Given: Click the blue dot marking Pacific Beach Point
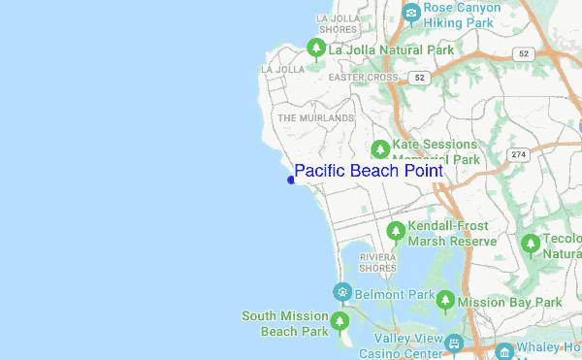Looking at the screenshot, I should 291,180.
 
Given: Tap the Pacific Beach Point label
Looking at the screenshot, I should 369,171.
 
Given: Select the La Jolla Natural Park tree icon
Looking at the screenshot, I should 315,49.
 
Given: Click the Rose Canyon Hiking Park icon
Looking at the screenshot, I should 411,14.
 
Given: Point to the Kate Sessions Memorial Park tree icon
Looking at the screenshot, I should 380,148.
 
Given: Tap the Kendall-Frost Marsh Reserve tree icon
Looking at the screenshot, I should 396,231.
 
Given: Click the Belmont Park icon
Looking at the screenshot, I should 341,291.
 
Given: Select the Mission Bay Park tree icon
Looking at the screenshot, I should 445,301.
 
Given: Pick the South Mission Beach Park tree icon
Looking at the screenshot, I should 339,321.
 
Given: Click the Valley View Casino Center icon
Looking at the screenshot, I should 453,343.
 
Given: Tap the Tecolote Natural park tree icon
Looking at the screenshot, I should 531,244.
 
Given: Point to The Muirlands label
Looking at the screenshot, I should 315,117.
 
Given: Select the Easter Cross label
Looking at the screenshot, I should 364,77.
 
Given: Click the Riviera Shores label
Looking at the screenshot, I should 377,263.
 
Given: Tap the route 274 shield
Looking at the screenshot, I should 519,153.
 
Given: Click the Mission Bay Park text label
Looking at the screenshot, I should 509,302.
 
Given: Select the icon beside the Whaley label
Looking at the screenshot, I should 503,351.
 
